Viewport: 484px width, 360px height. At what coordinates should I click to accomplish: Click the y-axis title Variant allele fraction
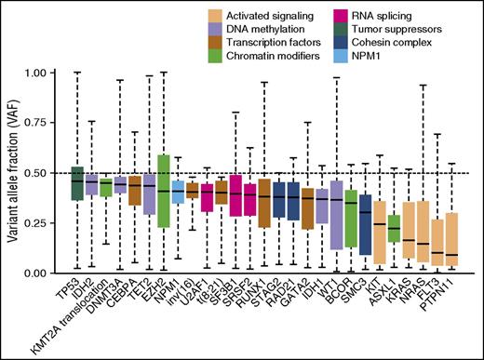point(14,172)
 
